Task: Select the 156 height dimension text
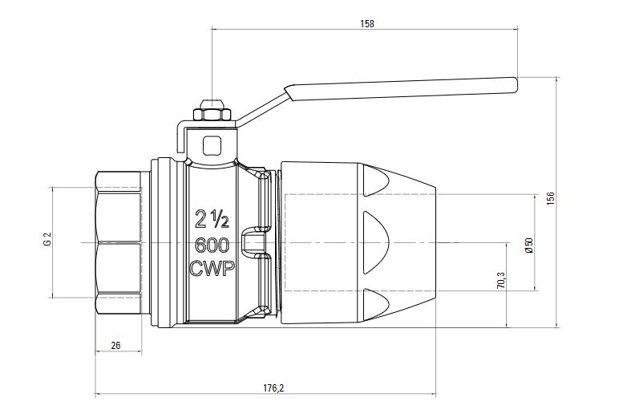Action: point(550,198)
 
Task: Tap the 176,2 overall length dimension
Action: point(273,388)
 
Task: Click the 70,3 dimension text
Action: point(501,281)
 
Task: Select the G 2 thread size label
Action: point(47,240)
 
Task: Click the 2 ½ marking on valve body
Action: point(212,217)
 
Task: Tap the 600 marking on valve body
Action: point(212,244)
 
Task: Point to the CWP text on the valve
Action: point(212,270)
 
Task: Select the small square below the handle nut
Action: point(213,145)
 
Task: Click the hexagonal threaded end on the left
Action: point(118,241)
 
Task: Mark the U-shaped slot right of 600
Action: point(258,242)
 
